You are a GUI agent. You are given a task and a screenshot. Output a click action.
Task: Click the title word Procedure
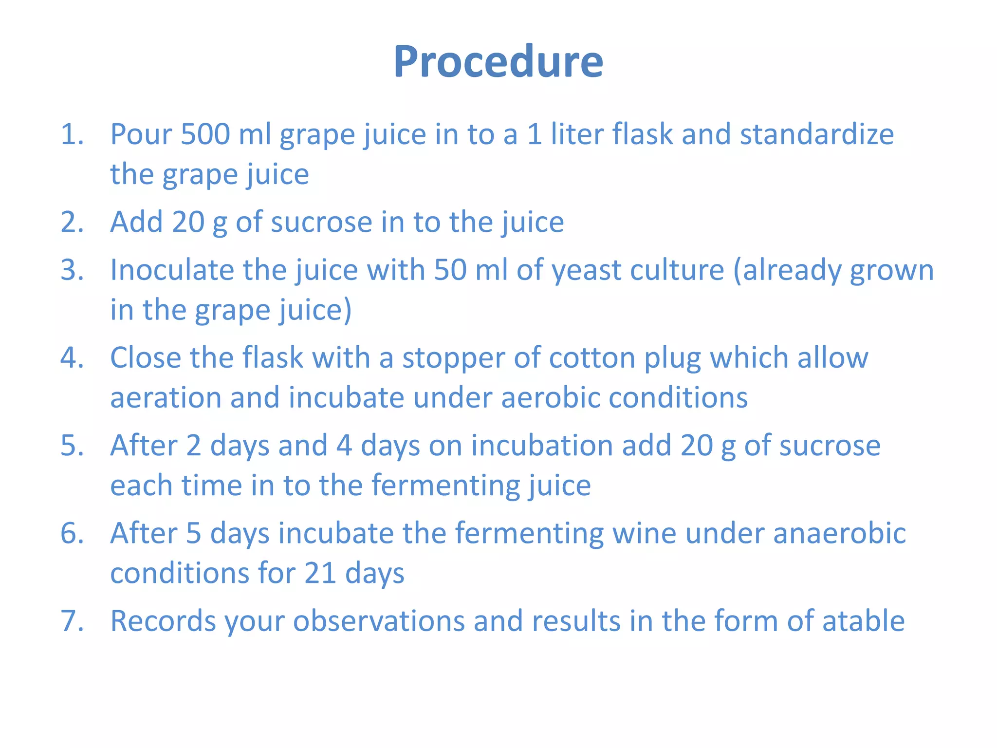[x=498, y=62]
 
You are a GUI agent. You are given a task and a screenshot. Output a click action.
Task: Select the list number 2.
[x=71, y=222]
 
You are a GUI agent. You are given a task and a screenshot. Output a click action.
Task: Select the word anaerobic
[x=839, y=533]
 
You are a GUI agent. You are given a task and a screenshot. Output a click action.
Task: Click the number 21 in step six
[x=320, y=573]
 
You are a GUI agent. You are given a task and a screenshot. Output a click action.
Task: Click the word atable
[x=863, y=621]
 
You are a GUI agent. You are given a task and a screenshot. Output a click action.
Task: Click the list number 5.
[x=71, y=446]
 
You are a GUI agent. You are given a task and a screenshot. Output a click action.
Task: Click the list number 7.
[x=71, y=621]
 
